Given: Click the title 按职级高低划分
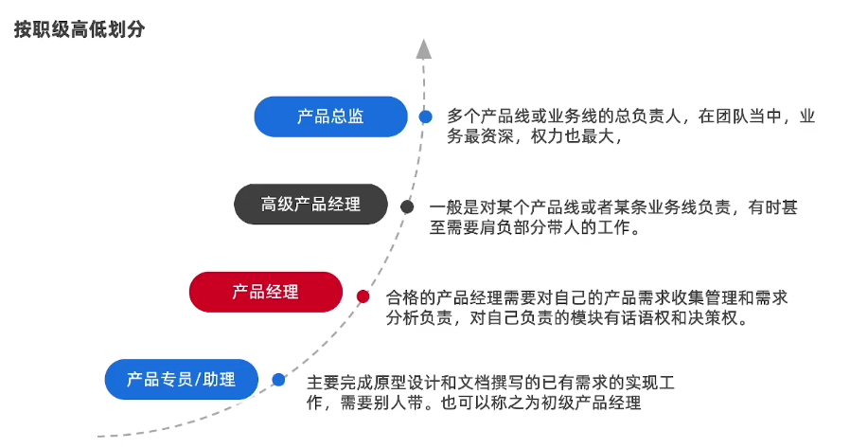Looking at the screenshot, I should pyautogui.click(x=80, y=29).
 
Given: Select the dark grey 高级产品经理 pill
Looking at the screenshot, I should pyautogui.click(x=310, y=204).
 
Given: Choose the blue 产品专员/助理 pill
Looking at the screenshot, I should pyautogui.click(x=181, y=380).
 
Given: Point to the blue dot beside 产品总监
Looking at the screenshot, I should pyautogui.click(x=426, y=116).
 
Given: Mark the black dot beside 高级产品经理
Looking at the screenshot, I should pyautogui.click(x=407, y=206).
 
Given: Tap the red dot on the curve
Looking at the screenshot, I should pyautogui.click(x=363, y=296).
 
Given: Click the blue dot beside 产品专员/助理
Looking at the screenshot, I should pyautogui.click(x=278, y=380).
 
